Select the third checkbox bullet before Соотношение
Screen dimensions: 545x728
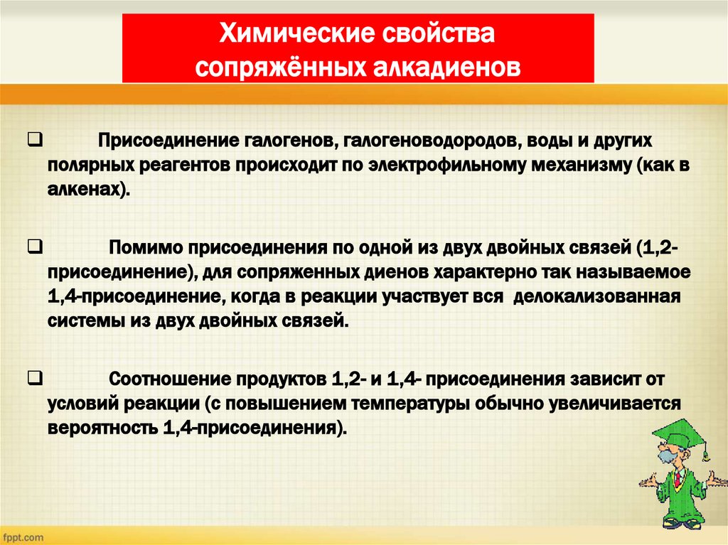(x=33, y=377)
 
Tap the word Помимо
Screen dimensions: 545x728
(x=145, y=249)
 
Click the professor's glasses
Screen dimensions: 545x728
(x=668, y=453)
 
